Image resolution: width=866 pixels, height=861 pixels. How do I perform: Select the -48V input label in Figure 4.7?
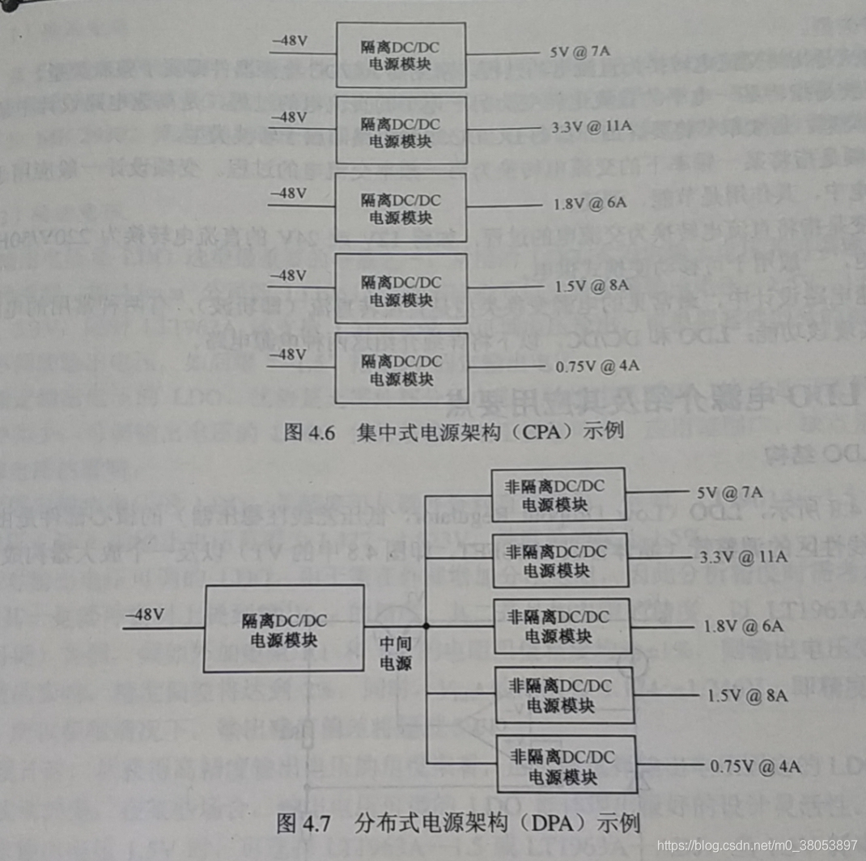pyautogui.click(x=146, y=613)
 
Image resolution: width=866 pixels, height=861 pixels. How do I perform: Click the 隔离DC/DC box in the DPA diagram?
pyautogui.click(x=283, y=629)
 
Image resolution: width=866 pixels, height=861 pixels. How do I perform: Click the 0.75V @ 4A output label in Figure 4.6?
pyautogui.click(x=597, y=366)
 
